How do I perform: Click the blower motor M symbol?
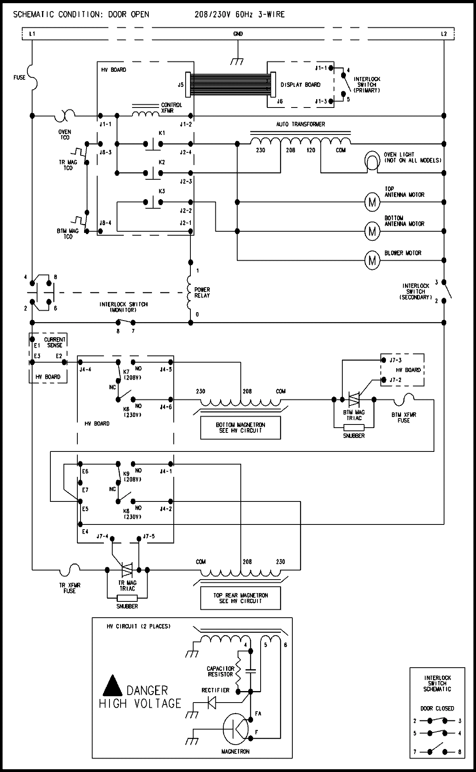tap(372, 260)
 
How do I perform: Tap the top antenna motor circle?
tap(372, 202)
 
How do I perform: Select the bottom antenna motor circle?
tap(372, 231)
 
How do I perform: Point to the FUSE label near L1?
tap(19, 77)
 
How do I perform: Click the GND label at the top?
tap(238, 34)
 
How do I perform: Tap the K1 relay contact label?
tap(161, 133)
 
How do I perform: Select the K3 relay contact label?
tap(161, 191)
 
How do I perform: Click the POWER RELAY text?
tap(202, 292)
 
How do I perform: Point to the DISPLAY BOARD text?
tap(300, 84)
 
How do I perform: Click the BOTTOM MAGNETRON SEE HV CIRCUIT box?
tap(240, 428)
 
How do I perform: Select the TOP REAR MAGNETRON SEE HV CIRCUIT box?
tap(240, 598)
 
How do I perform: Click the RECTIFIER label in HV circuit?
tap(215, 690)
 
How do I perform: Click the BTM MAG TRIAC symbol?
tap(354, 400)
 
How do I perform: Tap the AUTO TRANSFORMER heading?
tap(300, 124)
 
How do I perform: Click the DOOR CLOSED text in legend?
tap(437, 708)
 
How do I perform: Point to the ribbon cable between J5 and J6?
tap(230, 85)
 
